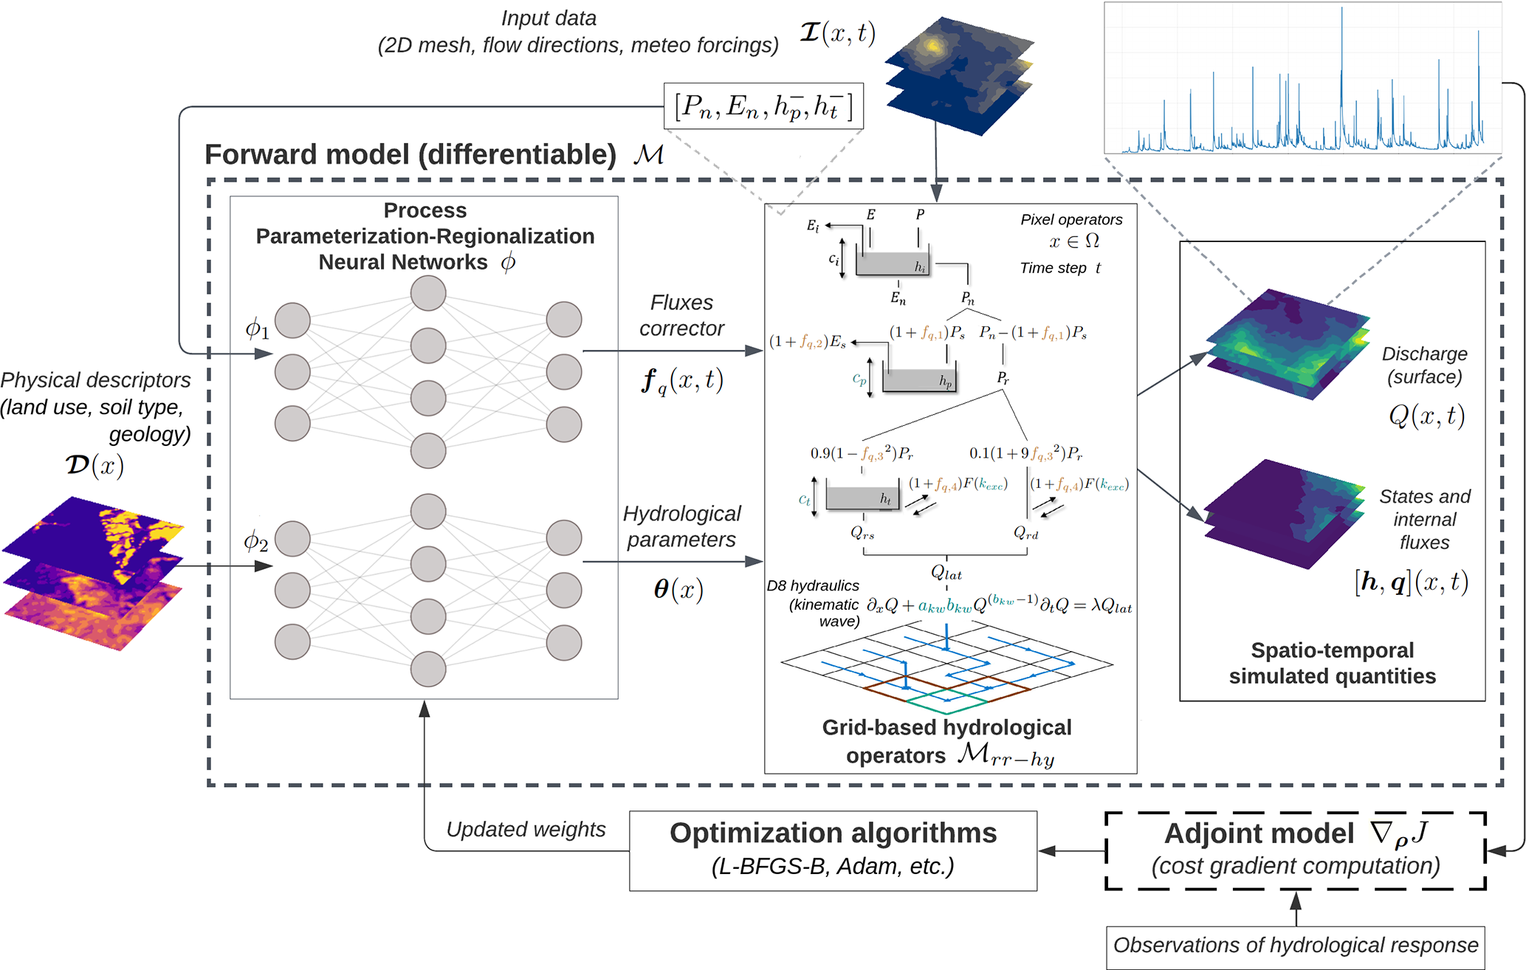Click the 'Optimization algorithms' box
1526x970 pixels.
833,850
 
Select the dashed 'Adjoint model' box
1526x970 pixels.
1295,850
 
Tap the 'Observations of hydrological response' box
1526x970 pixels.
1295,946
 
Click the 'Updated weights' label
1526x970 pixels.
526,830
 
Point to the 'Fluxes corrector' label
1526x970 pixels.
681,315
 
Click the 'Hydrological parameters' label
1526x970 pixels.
681,526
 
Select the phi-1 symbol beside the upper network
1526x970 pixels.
257,329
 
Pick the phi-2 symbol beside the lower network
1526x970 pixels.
255,542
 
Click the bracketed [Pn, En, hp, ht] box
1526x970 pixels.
763,106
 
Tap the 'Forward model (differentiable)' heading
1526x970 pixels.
410,155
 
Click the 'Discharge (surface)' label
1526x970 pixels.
1424,365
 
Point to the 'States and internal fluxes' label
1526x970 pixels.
1424,519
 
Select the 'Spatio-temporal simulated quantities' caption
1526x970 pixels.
1332,663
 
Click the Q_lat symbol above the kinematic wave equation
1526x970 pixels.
946,572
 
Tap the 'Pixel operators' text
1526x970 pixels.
1071,219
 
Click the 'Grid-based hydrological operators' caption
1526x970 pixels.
946,741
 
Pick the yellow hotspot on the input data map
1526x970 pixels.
934,47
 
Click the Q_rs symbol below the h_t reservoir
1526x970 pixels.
862,532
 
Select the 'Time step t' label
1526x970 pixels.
1060,268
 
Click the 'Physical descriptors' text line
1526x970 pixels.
96,380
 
